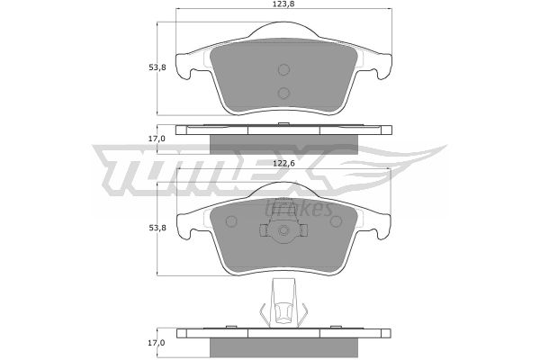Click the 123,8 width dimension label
click(284, 4)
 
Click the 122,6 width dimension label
click(283, 164)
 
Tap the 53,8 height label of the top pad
click(157, 67)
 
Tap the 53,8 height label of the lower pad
click(157, 228)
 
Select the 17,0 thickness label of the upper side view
click(157, 139)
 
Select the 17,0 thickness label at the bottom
click(157, 343)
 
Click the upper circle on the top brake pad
click(283, 70)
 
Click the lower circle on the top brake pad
click(283, 93)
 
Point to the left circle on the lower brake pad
click(231, 221)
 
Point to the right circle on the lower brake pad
click(336, 221)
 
